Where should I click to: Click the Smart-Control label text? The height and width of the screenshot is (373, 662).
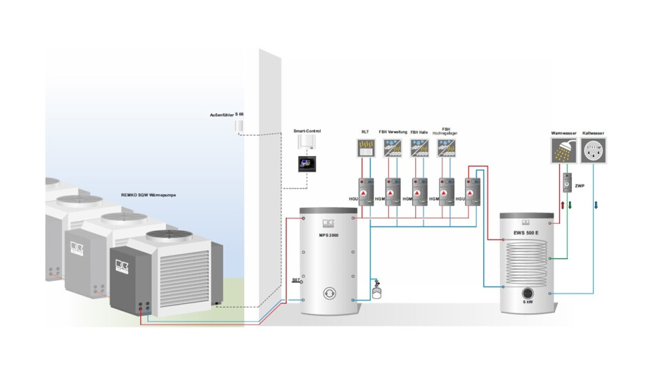(x=307, y=131)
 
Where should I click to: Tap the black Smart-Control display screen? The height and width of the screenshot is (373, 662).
(x=306, y=164)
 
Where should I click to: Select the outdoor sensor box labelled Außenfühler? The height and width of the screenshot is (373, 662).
(x=239, y=125)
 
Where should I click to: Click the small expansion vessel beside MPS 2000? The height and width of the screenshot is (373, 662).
(x=377, y=289)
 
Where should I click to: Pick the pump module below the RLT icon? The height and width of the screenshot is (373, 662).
(x=365, y=191)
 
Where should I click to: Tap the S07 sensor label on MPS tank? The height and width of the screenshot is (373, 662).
(x=294, y=280)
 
